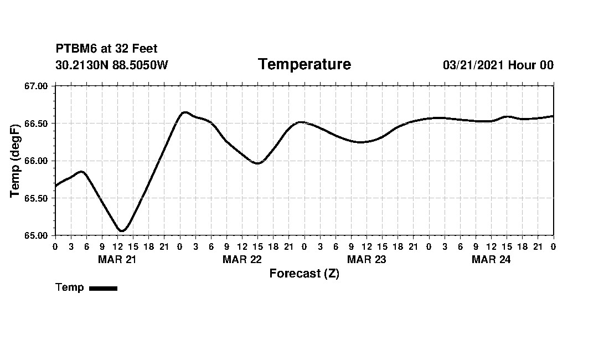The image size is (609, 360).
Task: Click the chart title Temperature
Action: click(304, 65)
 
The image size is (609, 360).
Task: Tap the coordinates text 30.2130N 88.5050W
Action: click(111, 65)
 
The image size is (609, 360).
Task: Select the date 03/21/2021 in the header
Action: click(473, 65)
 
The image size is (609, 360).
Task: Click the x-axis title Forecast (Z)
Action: click(304, 274)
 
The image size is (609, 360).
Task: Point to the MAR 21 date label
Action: click(117, 259)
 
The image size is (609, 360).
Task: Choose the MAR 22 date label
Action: click(242, 259)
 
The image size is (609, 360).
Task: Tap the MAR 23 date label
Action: click(367, 259)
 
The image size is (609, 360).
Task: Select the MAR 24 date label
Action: click(491, 259)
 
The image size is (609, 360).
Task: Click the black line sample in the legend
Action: click(103, 288)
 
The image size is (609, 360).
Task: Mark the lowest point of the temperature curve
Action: click(122, 231)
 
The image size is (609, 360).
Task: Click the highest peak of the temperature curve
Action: click(185, 112)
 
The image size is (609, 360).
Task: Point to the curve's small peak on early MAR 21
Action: click(81, 172)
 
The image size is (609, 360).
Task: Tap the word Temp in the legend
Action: click(70, 287)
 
